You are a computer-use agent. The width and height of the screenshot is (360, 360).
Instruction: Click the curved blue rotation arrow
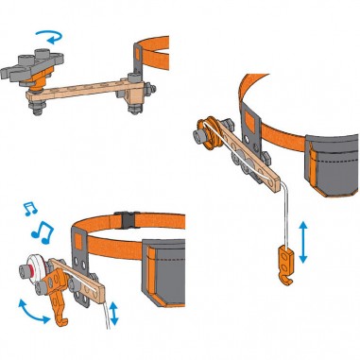47,35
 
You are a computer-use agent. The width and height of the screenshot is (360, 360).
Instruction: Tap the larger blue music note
43,230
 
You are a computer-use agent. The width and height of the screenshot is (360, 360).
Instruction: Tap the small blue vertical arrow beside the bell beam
113,313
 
